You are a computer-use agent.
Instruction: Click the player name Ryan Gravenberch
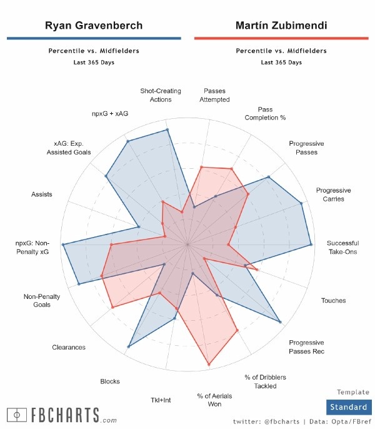click(94, 26)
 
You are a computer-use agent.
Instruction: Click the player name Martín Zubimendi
click(281, 26)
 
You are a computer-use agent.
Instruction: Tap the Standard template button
click(349, 406)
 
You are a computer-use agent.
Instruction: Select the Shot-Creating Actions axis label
click(161, 95)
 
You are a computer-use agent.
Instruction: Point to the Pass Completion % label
click(265, 113)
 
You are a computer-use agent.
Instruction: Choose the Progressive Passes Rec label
click(306, 346)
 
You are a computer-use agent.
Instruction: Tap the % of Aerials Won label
click(209, 400)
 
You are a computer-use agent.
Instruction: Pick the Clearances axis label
click(69, 347)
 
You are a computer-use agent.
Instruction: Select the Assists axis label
click(42, 194)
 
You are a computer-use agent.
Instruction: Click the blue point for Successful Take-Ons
click(311, 245)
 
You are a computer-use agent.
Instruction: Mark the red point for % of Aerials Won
click(209, 364)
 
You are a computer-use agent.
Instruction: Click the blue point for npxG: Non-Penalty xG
click(63, 245)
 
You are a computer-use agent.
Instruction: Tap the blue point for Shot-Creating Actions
click(167, 130)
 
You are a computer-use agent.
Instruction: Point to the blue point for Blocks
click(129, 346)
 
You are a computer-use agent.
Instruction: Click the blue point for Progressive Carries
click(302, 203)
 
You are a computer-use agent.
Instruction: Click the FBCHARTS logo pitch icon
click(16, 414)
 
